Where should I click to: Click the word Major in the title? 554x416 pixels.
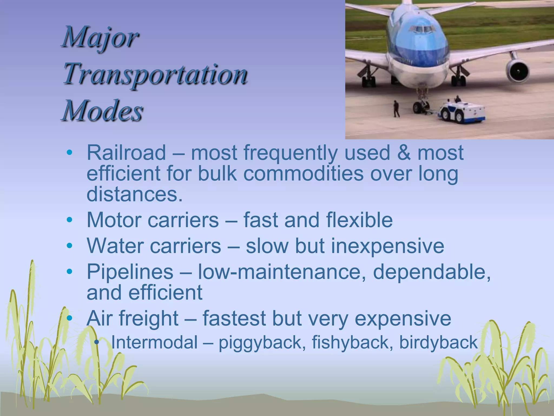coord(100,38)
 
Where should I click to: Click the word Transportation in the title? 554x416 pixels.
coord(155,74)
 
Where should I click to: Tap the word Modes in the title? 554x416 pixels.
coord(103,111)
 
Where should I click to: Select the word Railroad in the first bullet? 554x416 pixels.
coord(126,153)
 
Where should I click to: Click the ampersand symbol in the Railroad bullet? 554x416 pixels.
coord(404,153)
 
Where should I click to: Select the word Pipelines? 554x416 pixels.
coord(130,272)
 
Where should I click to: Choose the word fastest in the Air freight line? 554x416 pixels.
coord(234,318)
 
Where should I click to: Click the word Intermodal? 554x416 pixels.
coord(154,342)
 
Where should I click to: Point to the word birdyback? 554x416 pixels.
coord(438,342)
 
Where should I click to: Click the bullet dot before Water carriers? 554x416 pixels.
coord(70,246)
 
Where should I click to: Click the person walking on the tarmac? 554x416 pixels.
coord(396,109)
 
